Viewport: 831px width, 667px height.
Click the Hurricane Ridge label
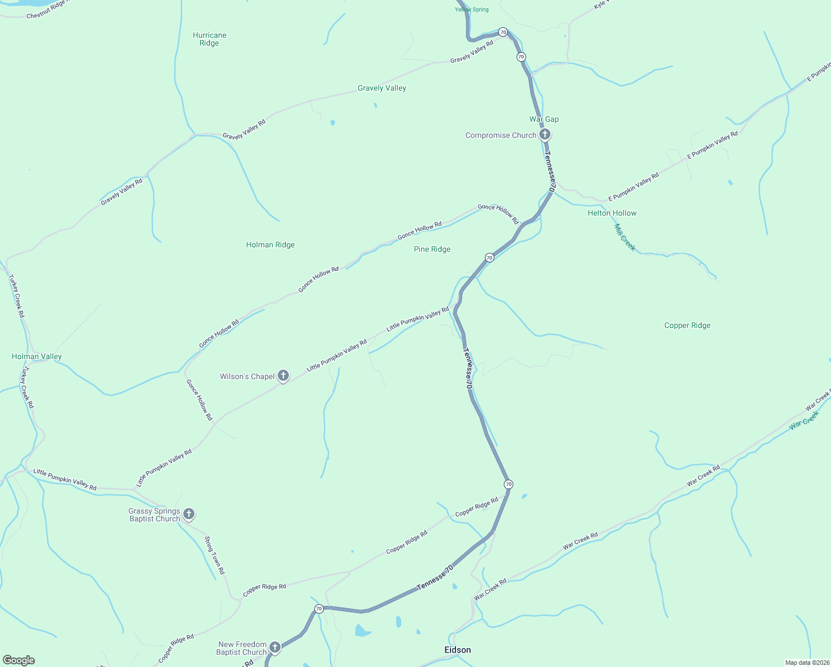(x=209, y=39)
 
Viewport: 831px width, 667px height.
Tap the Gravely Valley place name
(x=382, y=88)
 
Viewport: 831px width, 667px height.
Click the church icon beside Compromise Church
(x=545, y=135)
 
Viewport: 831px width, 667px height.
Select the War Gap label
(x=544, y=119)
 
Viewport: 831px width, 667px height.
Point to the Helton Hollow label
(x=612, y=213)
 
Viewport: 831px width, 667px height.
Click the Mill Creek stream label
(x=625, y=237)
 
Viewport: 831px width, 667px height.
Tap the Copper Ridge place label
(x=687, y=325)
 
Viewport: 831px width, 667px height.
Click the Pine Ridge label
(x=432, y=249)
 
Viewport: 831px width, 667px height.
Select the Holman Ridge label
(x=271, y=245)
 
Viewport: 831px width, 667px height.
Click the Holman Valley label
(x=37, y=356)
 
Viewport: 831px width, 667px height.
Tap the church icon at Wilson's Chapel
(x=283, y=376)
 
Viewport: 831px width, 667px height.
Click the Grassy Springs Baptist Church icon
(x=189, y=514)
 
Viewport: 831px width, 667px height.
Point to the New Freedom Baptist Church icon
(x=275, y=648)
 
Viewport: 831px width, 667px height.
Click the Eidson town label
(x=458, y=650)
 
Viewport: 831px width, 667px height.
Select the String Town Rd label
(x=214, y=555)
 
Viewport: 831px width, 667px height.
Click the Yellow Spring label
(x=472, y=9)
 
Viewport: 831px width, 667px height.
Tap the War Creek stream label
(x=804, y=420)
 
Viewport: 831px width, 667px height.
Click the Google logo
(x=19, y=660)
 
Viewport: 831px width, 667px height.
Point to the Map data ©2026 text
(x=807, y=663)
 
